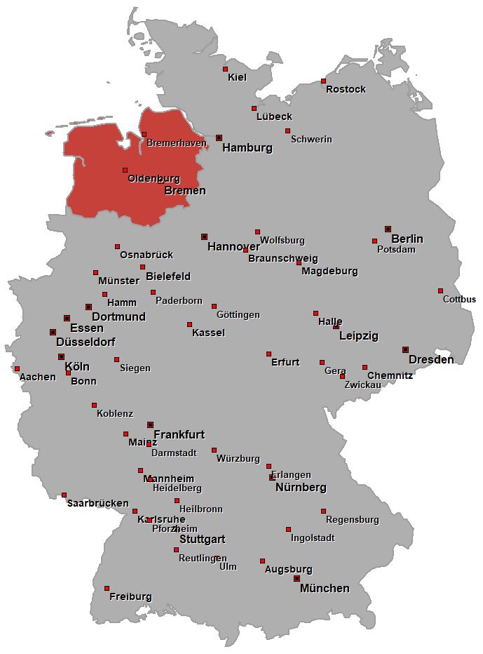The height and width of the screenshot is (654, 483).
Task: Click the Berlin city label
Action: pos(407,239)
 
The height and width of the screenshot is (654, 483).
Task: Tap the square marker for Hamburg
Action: pos(219,138)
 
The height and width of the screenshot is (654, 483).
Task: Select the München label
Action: pos(325,589)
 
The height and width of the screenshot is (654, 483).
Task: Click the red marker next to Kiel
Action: pos(225,69)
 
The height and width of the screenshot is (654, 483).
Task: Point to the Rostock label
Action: pos(346,89)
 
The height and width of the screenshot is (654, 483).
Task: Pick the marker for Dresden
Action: pos(405,349)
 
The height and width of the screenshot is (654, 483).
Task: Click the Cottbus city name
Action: pos(459,300)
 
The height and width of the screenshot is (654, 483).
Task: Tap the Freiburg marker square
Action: pos(107,588)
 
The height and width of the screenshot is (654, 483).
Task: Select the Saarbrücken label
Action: pos(97,503)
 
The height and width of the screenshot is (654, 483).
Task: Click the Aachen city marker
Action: pos(17,368)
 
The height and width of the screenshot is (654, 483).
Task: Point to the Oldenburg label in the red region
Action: pos(154,179)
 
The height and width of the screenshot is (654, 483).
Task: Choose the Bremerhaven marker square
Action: pos(144,134)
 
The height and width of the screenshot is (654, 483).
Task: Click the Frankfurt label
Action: pos(179,434)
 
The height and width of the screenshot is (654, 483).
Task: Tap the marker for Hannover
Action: pos(204,236)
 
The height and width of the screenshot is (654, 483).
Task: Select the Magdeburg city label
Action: pos(329,271)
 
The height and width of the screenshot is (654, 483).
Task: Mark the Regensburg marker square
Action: pos(323,511)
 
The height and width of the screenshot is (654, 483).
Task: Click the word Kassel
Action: pos(208,333)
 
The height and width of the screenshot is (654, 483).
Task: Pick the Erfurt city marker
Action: pos(268,354)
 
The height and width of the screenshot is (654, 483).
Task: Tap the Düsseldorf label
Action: pos(86,342)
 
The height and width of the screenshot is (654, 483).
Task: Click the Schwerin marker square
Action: pos(287,131)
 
